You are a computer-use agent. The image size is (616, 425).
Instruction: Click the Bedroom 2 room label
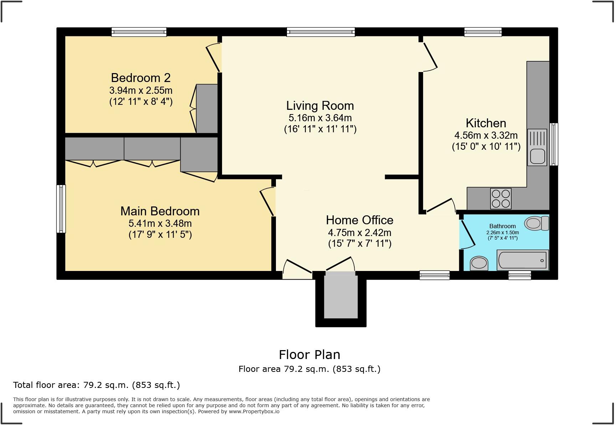140,78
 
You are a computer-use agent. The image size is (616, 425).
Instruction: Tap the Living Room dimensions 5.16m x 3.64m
320,118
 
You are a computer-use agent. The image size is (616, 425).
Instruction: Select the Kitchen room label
486,123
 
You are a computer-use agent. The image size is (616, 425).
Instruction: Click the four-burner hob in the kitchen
500,199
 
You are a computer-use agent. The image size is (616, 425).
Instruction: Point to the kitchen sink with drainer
537,147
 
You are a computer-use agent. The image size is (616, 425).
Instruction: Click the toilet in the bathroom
537,223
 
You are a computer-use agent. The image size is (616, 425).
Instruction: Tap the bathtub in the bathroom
523,260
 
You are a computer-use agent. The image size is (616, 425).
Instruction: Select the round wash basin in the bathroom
479,263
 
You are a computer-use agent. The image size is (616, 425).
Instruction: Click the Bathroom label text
502,226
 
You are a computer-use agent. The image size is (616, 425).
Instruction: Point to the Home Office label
359,220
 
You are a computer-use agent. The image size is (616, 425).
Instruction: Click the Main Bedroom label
160,211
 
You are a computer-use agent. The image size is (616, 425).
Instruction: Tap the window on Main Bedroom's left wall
61,209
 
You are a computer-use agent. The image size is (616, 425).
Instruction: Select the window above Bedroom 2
139,32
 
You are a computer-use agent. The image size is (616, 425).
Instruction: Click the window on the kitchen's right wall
554,144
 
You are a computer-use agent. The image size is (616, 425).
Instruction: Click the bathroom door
467,234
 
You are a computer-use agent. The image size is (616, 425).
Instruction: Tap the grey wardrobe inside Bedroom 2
207,108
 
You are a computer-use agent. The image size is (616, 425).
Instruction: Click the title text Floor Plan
309,355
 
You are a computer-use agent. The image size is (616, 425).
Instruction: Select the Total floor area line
96,385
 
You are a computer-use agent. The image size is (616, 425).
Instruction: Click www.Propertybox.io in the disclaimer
254,411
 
